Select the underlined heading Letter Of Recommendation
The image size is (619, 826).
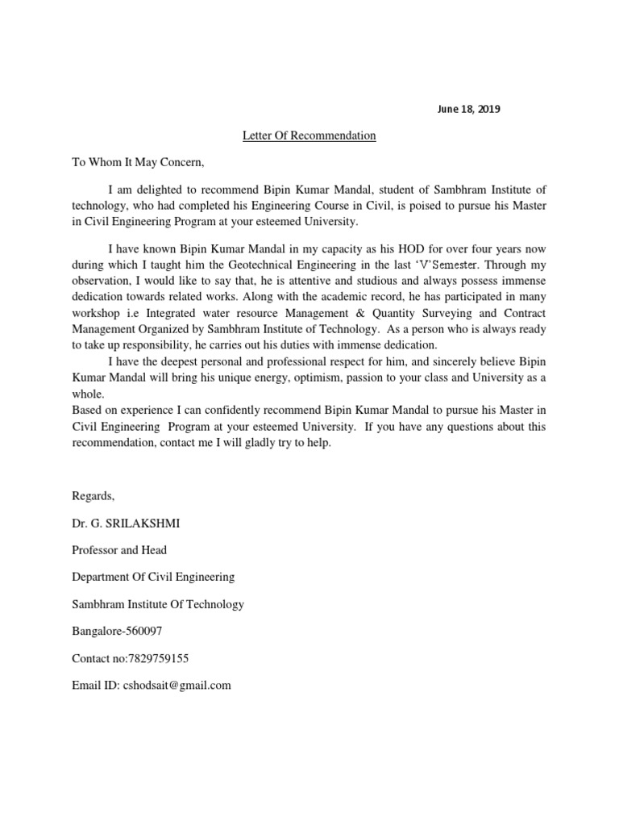pos(309,136)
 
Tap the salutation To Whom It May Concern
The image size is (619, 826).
pos(139,162)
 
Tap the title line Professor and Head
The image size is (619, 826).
pos(119,550)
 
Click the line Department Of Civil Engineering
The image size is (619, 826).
pos(153,577)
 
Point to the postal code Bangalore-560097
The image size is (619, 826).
pos(117,631)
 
